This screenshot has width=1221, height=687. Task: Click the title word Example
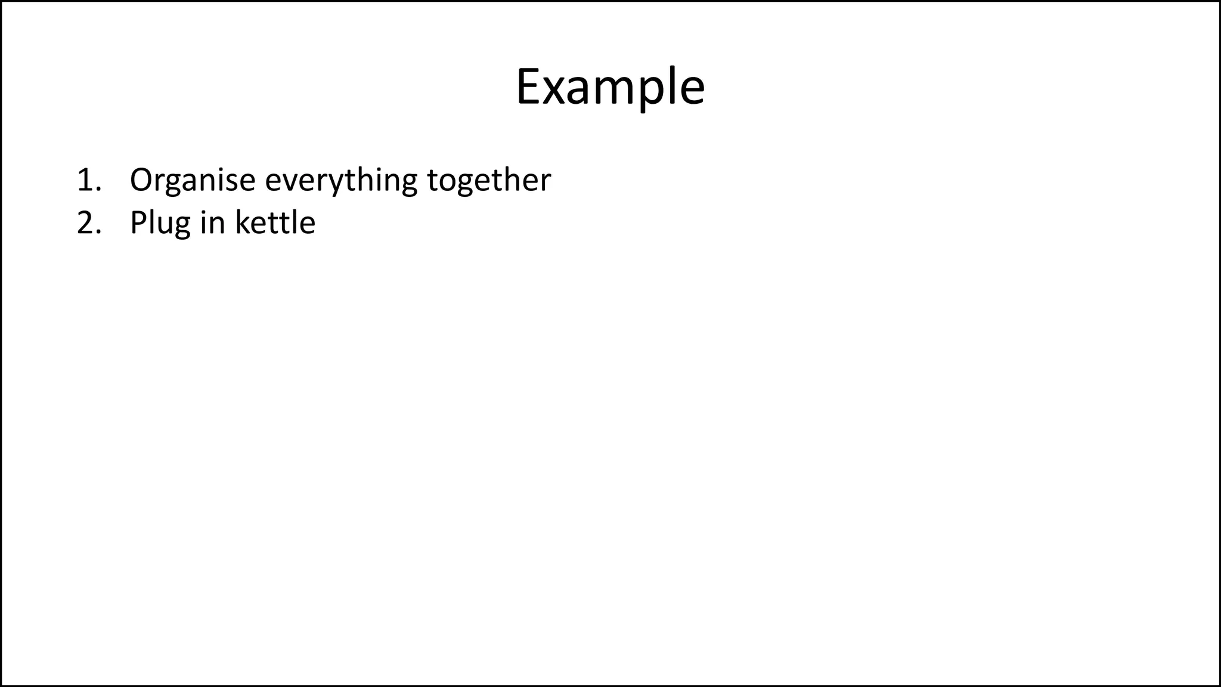[x=610, y=87]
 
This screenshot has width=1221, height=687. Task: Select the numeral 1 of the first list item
[x=84, y=180]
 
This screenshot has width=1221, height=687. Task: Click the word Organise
[x=193, y=180]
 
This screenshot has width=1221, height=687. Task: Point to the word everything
[x=341, y=180]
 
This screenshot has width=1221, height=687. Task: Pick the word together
[x=489, y=180]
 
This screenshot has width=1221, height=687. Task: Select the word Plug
[x=160, y=223]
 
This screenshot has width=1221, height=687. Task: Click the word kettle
[x=275, y=223]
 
